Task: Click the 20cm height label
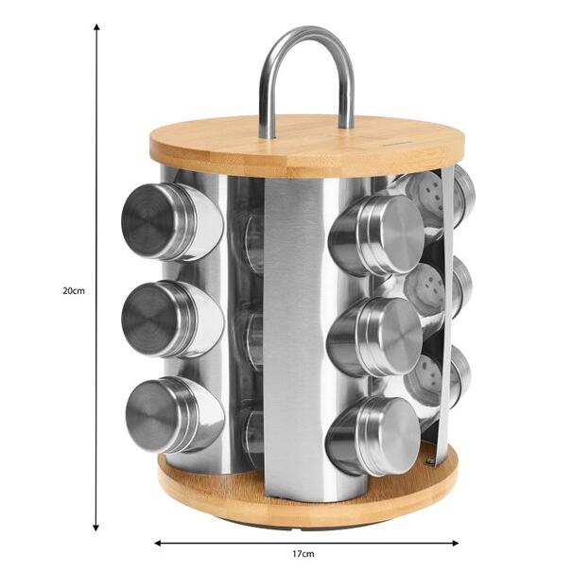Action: point(74,291)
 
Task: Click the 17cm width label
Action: point(303,554)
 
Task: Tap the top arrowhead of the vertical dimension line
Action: point(96,27)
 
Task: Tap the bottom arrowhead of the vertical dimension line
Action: point(95,527)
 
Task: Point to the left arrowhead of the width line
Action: point(158,543)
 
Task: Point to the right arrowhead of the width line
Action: point(455,543)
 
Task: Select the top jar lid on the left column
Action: point(147,222)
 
